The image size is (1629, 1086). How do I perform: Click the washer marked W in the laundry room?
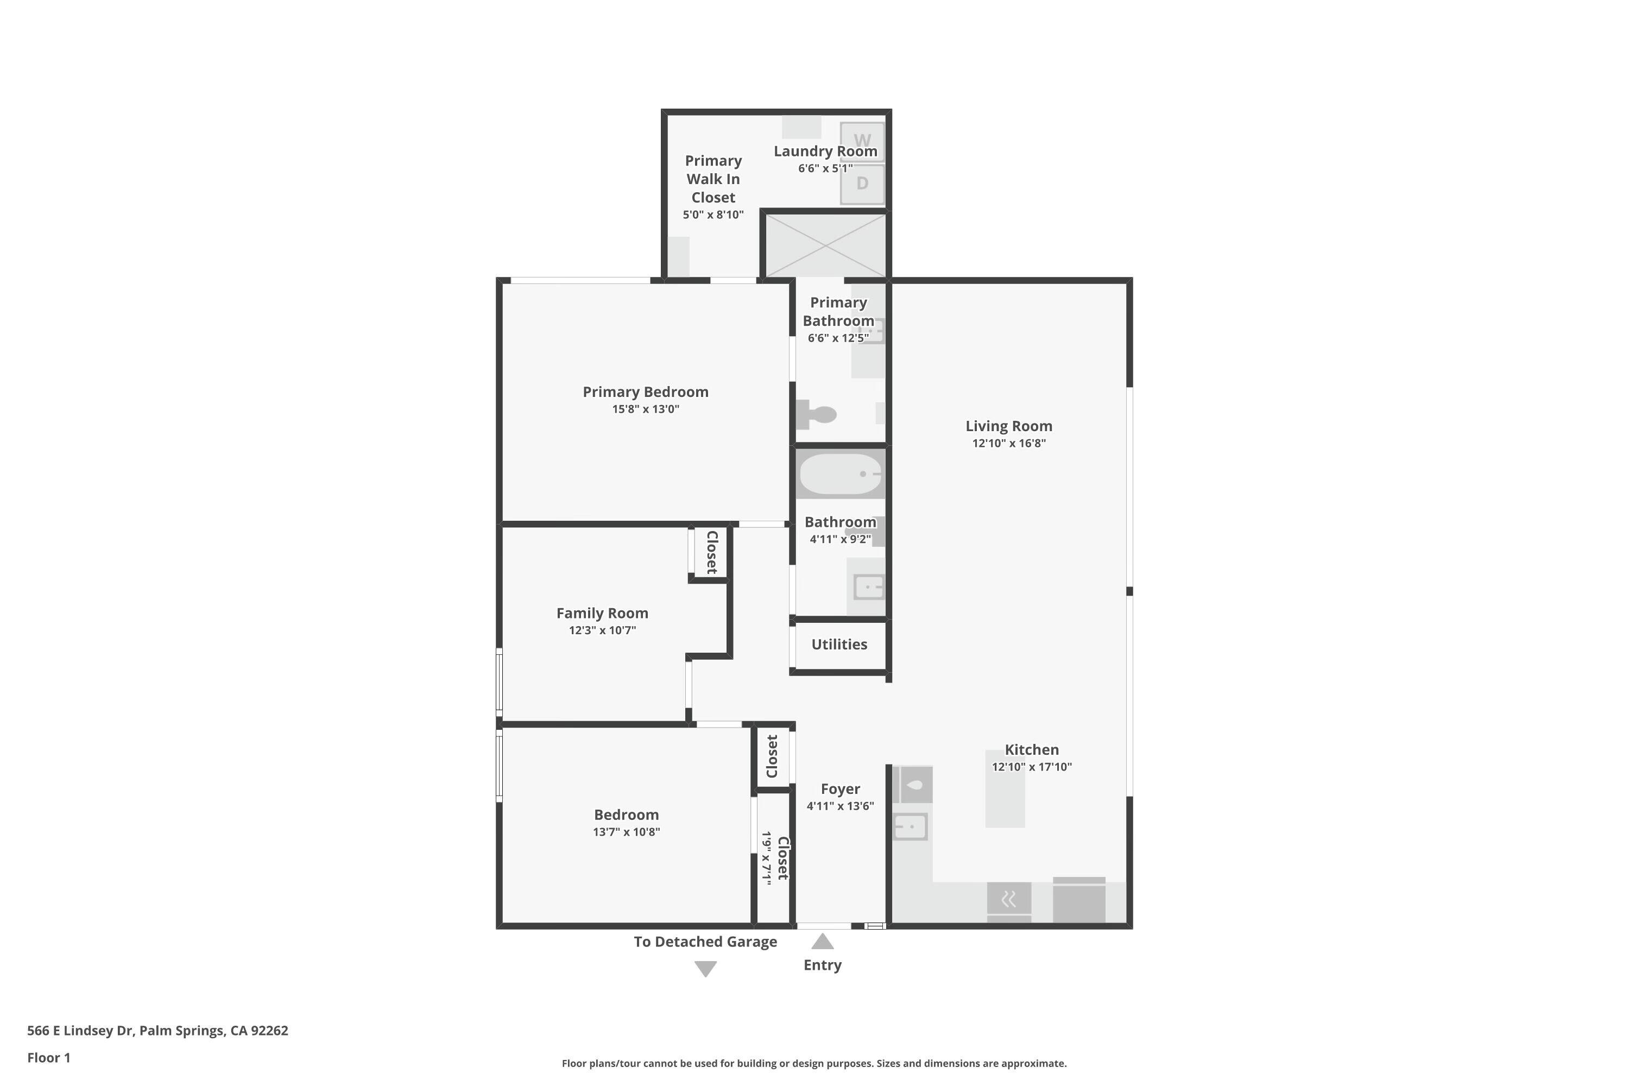862,142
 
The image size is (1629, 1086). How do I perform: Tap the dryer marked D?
862,184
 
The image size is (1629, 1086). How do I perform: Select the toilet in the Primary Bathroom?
816,414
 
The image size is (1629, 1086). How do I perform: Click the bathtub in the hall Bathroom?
840,473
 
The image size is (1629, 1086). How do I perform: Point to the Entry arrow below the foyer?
822,940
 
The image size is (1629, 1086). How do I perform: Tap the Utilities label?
839,644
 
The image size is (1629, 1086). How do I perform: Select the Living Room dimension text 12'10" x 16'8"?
1008,443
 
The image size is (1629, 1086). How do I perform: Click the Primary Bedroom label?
646,392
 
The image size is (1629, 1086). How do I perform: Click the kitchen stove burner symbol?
1008,898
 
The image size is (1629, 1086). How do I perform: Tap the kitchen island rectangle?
1005,788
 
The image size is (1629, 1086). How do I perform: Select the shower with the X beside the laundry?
825,245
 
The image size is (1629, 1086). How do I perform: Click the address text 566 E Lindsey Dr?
80,1030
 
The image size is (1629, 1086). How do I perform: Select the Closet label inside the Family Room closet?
711,552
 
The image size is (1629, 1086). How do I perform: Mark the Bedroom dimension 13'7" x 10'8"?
626,832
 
